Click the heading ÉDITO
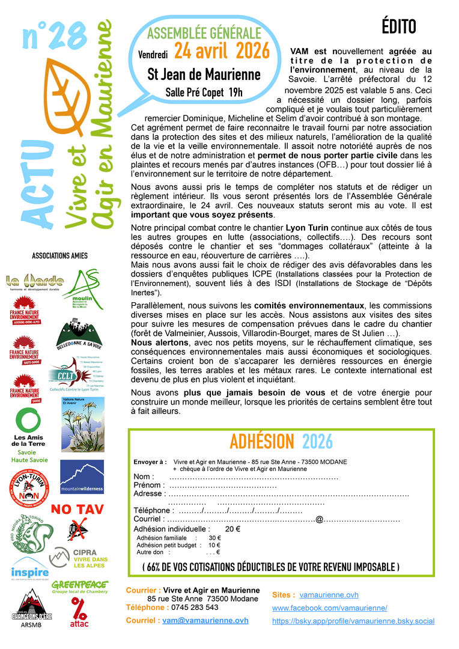coord(398,27)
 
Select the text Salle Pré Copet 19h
coord(204,93)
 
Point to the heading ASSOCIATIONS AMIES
coord(59,255)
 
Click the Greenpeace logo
coord(79,587)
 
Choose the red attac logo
coord(79,612)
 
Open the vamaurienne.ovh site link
coord(329,595)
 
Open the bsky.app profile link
coord(353,621)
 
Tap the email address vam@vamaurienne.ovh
coord(205,620)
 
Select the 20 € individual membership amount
coord(233,529)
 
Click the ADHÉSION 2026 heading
coord(281,441)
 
